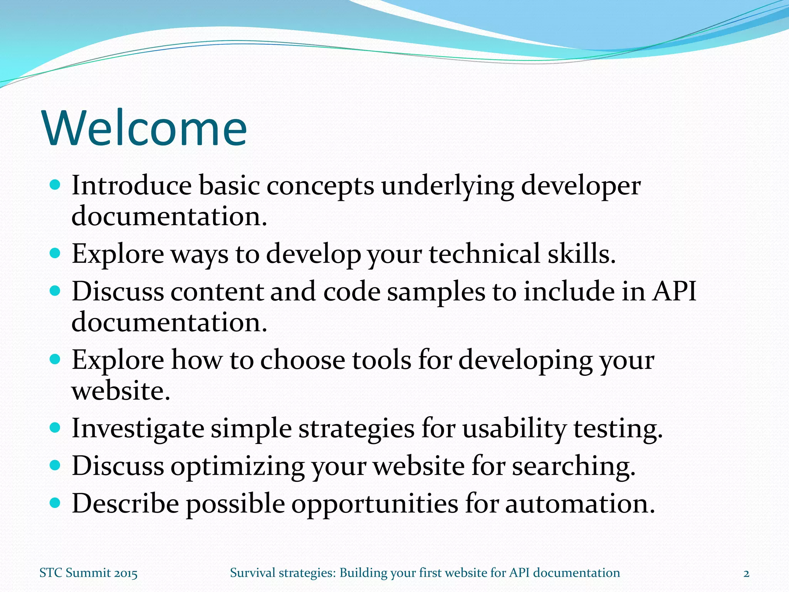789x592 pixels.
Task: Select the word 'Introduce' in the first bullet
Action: pos(131,186)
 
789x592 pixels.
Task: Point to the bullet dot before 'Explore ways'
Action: pos(55,253)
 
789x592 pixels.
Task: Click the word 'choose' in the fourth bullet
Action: pos(302,360)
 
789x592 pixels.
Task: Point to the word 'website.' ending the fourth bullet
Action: pos(121,391)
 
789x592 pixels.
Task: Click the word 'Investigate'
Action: pos(138,429)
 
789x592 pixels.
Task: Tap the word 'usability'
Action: pos(514,429)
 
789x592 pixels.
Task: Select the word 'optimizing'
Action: pos(237,466)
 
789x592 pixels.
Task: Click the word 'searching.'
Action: pos(573,466)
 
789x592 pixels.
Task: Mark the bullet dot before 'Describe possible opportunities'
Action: pos(55,503)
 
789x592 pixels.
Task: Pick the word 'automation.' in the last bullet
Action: pos(580,504)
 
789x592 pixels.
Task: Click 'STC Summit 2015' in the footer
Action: pos(89,573)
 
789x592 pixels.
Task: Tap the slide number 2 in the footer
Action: pos(746,573)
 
